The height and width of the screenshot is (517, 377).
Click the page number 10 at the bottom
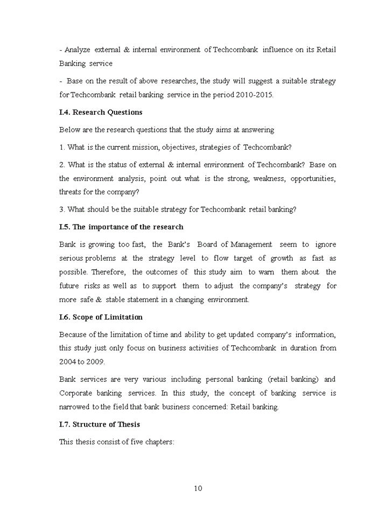pos(198,488)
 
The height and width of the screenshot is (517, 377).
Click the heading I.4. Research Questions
pos(101,112)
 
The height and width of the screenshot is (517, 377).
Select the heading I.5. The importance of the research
pos(121,227)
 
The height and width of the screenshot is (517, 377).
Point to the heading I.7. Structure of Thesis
pos(99,424)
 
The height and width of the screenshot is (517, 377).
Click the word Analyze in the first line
pos(77,50)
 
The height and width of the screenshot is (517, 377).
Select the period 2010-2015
pos(255,95)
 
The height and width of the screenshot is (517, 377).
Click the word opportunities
pos(313,178)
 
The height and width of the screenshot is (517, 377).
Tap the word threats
pos(71,192)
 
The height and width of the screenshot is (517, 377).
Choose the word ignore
pos(325,244)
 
